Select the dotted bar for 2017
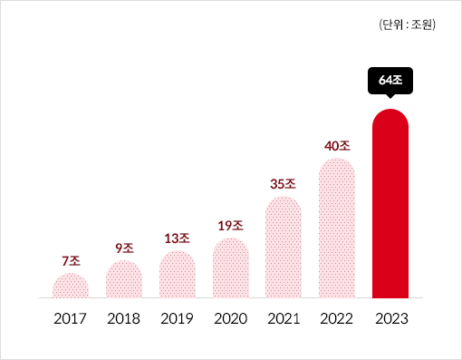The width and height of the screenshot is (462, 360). tap(71, 286)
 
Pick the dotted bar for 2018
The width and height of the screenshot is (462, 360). tap(124, 279)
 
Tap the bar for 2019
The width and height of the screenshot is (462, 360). tap(178, 275)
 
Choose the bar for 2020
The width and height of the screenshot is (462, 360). tap(230, 268)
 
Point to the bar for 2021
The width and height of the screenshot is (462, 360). tap(284, 247)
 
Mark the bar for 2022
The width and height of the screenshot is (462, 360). tap(337, 229)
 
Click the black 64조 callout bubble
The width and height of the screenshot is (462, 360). tap(390, 81)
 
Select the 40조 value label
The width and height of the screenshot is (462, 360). tap(337, 145)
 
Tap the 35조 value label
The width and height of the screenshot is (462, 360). tap(284, 183)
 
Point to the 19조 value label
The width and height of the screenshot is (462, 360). tap(230, 226)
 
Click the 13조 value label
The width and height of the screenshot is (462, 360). tap(178, 238)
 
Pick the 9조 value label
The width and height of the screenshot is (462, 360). tap(124, 248)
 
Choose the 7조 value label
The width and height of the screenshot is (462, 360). tap(71, 260)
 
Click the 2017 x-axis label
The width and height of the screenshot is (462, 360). tap(71, 319)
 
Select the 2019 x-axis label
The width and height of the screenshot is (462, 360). tap(178, 319)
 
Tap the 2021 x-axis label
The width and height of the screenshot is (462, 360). tap(284, 319)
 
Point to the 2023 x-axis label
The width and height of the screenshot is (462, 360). tap(390, 319)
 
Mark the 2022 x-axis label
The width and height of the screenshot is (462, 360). tap(337, 319)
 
